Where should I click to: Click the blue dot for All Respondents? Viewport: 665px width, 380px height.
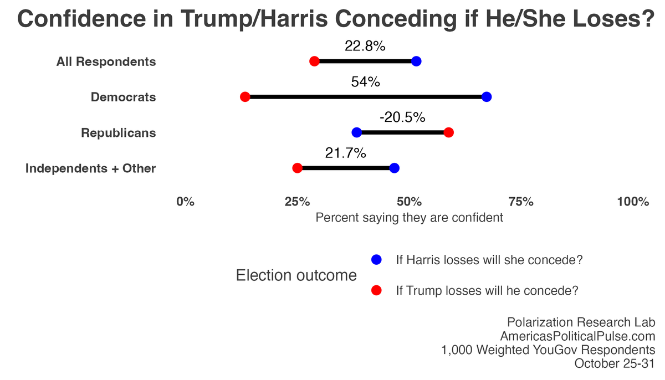click(416, 61)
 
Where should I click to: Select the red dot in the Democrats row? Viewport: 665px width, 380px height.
click(245, 97)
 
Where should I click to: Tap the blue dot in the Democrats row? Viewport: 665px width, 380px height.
click(487, 97)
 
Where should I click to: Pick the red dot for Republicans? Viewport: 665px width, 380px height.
click(449, 132)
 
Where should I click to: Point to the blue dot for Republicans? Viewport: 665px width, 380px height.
click(357, 132)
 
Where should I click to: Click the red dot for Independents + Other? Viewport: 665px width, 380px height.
click(297, 168)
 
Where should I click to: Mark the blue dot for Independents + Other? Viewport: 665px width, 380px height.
click(395, 168)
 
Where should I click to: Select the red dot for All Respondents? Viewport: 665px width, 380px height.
click(314, 61)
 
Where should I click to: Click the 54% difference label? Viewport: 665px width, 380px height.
click(365, 82)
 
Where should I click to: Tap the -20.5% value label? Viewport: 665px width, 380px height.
click(402, 117)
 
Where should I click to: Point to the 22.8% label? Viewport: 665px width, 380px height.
click(365, 47)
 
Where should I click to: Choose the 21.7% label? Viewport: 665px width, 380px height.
click(345, 153)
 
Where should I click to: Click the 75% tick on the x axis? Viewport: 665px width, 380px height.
click(520, 202)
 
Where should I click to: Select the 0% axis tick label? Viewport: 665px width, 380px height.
click(185, 202)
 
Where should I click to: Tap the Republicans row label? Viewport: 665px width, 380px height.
click(118, 133)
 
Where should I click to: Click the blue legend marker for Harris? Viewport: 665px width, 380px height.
click(377, 260)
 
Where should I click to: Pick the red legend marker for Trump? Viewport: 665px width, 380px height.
click(377, 290)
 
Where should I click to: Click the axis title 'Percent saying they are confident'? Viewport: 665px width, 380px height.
click(409, 218)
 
